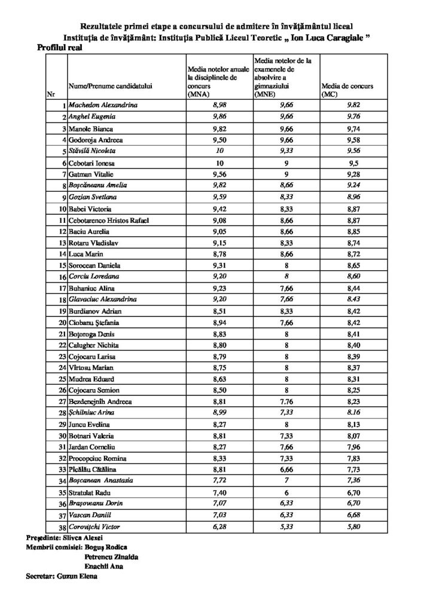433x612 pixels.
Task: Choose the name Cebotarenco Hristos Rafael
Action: tap(109, 220)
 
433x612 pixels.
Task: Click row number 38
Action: tap(60, 527)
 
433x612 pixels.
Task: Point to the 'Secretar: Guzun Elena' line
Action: tap(61, 577)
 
